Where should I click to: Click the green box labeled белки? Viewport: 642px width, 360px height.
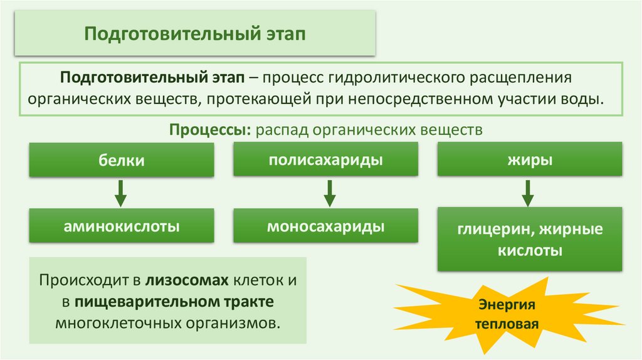(x=121, y=161)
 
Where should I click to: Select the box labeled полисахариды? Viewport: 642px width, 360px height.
(x=326, y=159)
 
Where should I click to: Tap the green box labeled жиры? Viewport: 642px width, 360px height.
(x=530, y=159)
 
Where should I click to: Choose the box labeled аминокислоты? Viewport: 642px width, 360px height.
(x=121, y=226)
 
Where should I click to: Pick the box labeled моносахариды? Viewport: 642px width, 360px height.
(x=326, y=226)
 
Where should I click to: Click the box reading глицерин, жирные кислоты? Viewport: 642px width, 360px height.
(x=530, y=240)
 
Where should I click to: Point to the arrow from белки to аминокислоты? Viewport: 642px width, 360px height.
(x=121, y=193)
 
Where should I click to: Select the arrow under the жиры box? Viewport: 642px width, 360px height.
(x=527, y=193)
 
